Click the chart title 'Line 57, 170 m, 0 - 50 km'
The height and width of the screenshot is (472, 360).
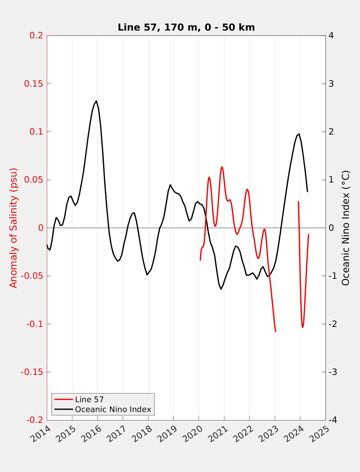pos(186,27)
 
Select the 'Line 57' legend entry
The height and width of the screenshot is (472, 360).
pos(89,399)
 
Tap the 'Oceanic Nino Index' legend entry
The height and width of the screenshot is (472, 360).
pos(113,409)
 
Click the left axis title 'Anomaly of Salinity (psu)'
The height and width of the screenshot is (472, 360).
pos(14,228)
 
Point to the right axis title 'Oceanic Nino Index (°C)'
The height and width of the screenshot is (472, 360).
pos(346,228)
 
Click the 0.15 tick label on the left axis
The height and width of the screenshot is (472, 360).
pos(33,84)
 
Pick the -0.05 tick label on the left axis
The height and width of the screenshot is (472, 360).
pos(32,276)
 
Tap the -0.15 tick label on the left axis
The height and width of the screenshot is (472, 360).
pos(32,372)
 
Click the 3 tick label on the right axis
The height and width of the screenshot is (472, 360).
pos(331,84)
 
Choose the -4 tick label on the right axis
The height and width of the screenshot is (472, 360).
pos(332,420)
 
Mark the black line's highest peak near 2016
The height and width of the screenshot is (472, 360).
pos(96,101)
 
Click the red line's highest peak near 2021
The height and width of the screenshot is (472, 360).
pos(222,167)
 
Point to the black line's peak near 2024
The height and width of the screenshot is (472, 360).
pos(299,134)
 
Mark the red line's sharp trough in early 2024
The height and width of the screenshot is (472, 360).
pos(302,327)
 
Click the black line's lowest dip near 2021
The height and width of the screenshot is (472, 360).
pos(221,289)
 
